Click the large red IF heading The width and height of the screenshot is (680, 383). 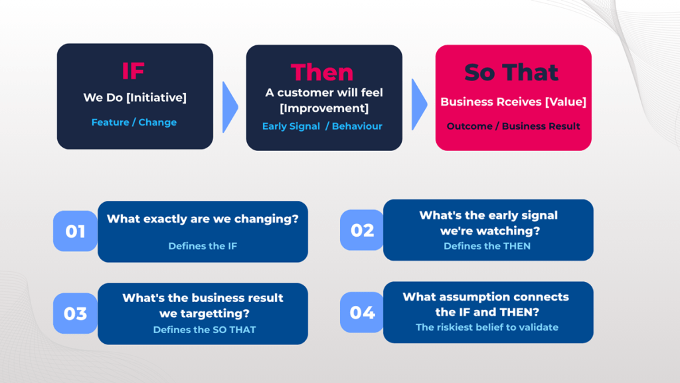pyautogui.click(x=133, y=70)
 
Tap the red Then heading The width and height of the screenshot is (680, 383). pyautogui.click(x=322, y=72)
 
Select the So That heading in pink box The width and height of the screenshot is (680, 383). pyautogui.click(x=511, y=72)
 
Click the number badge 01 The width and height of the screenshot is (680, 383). pyautogui.click(x=75, y=231)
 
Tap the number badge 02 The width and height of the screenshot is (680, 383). pyautogui.click(x=362, y=230)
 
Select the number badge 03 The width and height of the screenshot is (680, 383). pyautogui.click(x=75, y=313)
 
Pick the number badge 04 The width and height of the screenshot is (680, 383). pyautogui.click(x=362, y=312)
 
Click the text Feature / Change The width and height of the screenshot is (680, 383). pyautogui.click(x=134, y=122)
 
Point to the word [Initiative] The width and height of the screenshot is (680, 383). pyautogui.click(x=156, y=98)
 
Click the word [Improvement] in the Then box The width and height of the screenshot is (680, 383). pyautogui.click(x=324, y=108)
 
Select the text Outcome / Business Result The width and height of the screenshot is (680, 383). pyautogui.click(x=513, y=126)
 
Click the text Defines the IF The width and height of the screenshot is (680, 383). pyautogui.click(x=203, y=246)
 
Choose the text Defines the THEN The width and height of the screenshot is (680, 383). pyautogui.click(x=487, y=246)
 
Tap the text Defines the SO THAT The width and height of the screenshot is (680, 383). pyautogui.click(x=205, y=330)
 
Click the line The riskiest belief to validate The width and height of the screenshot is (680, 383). pyautogui.click(x=487, y=327)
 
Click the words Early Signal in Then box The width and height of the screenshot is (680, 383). pyautogui.click(x=291, y=126)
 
